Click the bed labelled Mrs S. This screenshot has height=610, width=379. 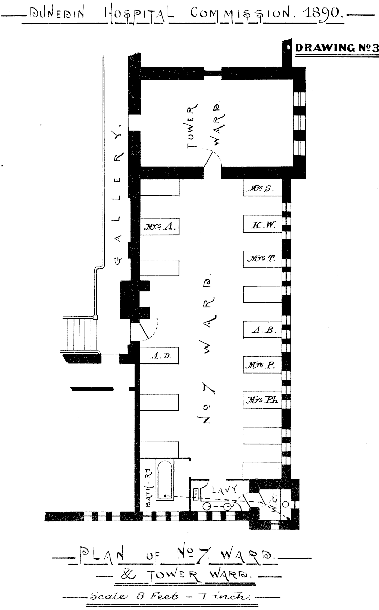tap(262, 187)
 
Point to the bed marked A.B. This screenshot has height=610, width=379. tap(262, 329)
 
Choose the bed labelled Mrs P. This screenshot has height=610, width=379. tap(262, 365)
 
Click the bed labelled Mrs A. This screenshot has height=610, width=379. tap(160, 226)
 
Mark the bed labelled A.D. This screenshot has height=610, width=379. tap(160, 355)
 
